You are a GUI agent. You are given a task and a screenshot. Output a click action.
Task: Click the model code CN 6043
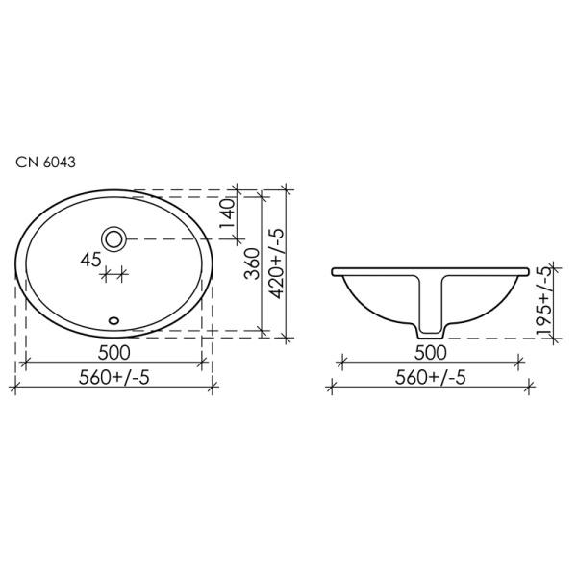point(45,162)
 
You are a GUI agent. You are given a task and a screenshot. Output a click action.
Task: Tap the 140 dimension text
point(228,213)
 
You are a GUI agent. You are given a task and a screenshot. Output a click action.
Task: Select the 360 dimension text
point(253,263)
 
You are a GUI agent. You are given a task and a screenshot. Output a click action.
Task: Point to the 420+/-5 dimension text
point(277,263)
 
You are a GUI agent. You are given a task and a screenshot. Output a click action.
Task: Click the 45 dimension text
point(91,261)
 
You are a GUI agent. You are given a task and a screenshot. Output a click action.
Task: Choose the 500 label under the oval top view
point(114,353)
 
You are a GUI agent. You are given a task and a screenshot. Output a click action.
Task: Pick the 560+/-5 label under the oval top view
point(114,377)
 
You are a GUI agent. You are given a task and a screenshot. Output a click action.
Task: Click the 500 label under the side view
point(431,353)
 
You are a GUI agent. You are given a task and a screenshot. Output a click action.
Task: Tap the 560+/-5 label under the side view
point(431,377)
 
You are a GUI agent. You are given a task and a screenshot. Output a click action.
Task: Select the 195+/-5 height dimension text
point(544,301)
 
